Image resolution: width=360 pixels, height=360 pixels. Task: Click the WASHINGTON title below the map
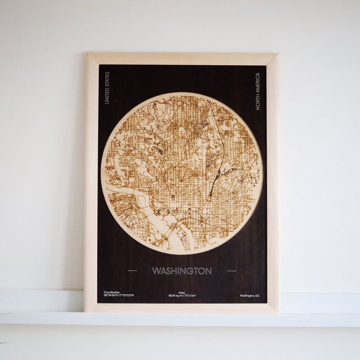(182, 271)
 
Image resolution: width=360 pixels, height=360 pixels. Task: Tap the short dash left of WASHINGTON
(133, 271)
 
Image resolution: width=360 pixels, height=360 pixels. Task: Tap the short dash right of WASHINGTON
(231, 271)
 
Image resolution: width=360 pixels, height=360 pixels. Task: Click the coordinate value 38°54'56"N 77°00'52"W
(122, 296)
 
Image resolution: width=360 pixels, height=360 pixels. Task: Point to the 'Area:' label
(182, 292)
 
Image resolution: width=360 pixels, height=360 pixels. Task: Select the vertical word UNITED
(107, 96)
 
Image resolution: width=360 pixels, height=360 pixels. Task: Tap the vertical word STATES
(107, 79)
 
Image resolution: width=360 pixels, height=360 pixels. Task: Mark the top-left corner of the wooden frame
(87, 54)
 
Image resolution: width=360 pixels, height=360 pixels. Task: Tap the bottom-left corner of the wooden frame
(85, 311)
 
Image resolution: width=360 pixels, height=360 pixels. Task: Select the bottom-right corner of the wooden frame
(279, 313)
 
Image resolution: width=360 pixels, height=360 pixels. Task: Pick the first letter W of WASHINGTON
(156, 271)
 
